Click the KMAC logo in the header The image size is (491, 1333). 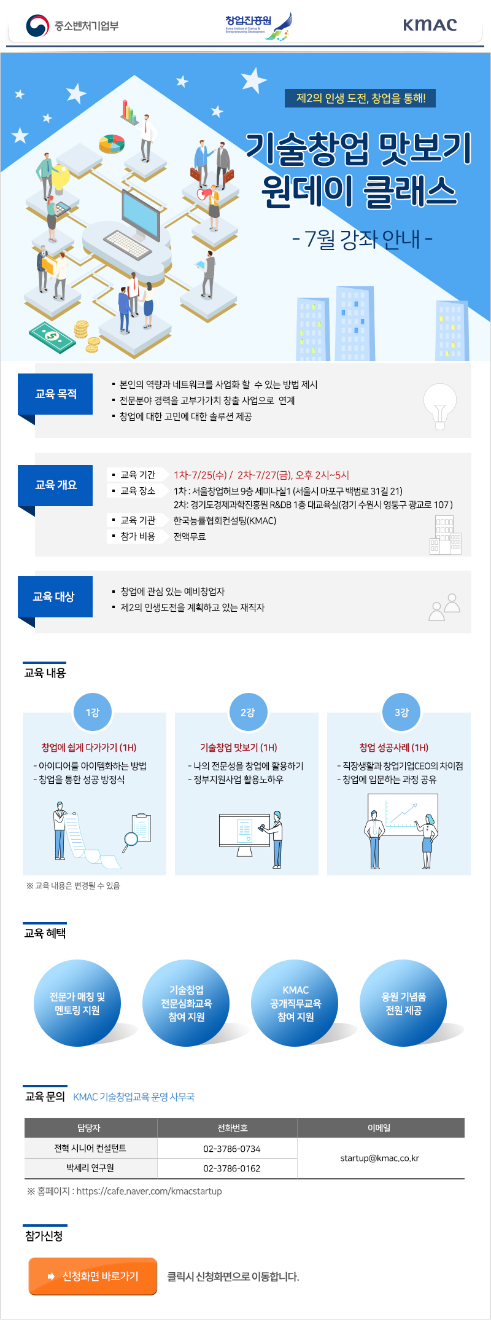[430, 25]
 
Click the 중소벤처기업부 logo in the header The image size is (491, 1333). [72, 26]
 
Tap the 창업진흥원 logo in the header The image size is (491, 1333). [258, 26]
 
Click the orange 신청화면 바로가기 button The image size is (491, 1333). [93, 1276]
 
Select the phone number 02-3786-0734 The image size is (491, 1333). [232, 1148]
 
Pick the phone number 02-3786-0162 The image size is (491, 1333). [232, 1168]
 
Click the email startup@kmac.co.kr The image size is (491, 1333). [379, 1158]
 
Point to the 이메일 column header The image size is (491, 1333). [379, 1128]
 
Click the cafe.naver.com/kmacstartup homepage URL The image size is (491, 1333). [149, 1191]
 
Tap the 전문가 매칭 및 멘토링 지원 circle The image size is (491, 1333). [77, 1004]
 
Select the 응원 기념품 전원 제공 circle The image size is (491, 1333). [403, 1004]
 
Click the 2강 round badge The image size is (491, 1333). [247, 712]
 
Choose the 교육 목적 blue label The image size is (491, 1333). [55, 394]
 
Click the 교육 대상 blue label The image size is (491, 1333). [55, 596]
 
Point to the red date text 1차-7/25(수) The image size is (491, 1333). [200, 475]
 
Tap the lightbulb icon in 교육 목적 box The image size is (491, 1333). [440, 406]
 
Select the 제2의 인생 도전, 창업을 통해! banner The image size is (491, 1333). [360, 98]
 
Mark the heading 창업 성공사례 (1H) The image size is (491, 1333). [394, 748]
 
